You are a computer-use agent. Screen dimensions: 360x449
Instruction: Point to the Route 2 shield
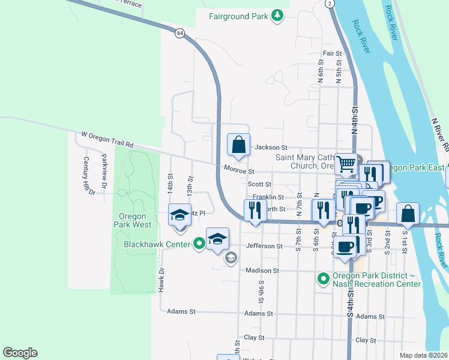330,4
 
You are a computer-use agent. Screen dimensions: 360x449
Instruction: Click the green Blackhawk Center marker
199,244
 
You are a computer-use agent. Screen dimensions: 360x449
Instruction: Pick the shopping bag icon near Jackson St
238,145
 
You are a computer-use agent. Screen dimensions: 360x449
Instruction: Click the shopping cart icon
346,162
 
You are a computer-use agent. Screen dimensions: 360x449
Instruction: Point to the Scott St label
260,185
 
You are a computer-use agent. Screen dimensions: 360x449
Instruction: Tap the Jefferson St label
264,246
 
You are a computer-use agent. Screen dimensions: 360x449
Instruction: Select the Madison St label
262,271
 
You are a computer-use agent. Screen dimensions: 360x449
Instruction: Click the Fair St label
332,53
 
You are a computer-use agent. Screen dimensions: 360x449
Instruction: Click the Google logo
20,353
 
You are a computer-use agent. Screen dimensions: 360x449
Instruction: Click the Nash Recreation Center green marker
323,278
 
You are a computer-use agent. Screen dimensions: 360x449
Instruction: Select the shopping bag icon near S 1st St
408,214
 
